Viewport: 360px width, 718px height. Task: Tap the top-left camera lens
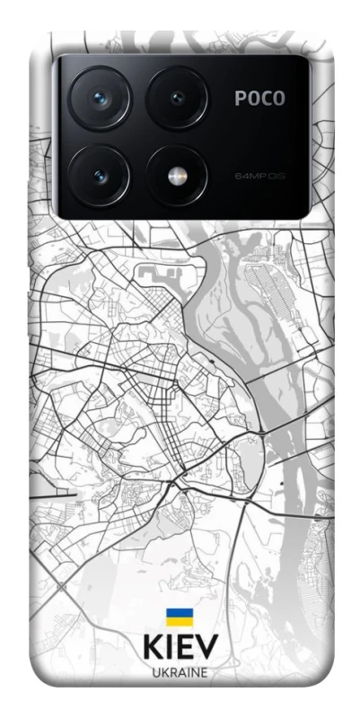(100, 98)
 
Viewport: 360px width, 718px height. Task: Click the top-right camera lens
(177, 98)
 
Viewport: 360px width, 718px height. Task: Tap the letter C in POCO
(267, 100)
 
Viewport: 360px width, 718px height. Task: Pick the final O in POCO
(280, 100)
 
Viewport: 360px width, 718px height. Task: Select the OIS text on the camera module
(275, 175)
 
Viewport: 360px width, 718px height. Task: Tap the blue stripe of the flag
(180, 613)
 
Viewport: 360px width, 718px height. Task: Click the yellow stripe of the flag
(180, 621)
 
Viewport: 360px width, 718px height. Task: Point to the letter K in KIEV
(151, 648)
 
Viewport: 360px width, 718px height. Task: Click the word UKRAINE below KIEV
(180, 672)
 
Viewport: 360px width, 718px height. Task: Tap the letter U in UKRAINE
(155, 672)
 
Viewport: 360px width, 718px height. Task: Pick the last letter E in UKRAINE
(204, 672)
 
